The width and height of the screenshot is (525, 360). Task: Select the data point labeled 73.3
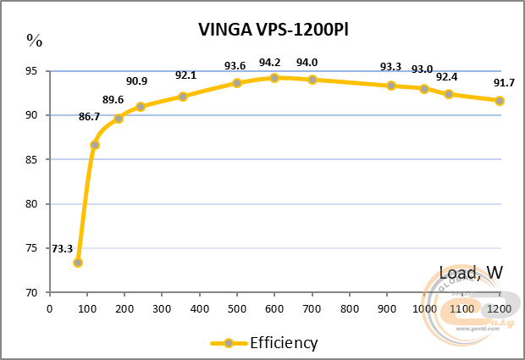[x=78, y=263]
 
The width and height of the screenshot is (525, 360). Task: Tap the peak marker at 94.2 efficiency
[x=274, y=78]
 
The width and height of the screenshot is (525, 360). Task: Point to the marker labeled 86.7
[x=95, y=145]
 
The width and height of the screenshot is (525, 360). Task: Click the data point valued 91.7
[x=500, y=101]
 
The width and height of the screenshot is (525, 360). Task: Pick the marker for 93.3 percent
[x=391, y=86]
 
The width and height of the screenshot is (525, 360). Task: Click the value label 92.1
[x=186, y=75]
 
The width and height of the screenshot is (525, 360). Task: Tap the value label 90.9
[x=137, y=81]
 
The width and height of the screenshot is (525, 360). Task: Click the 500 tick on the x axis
[x=237, y=309]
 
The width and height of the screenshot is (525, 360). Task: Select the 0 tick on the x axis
[x=50, y=309]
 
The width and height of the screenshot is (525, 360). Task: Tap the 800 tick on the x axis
[x=350, y=309]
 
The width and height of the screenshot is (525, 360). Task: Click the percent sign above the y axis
[x=34, y=39]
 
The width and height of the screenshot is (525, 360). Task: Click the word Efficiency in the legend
[x=284, y=342]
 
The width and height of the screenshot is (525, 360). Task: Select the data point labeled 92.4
[x=449, y=94]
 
